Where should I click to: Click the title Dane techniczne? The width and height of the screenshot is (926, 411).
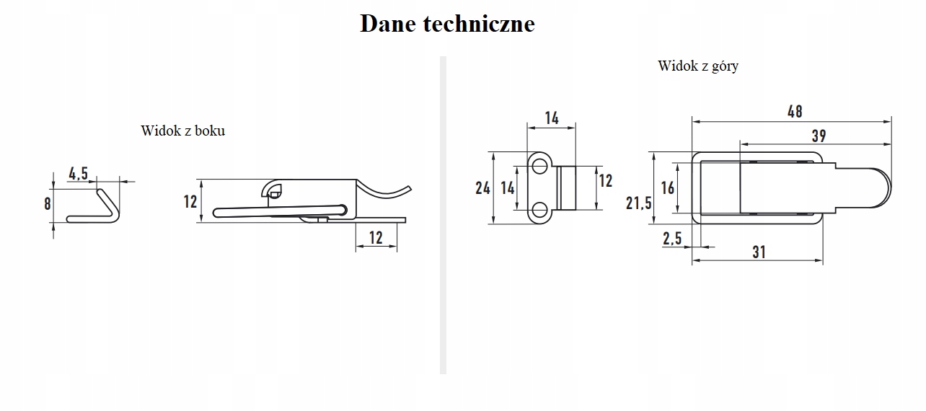point(447,23)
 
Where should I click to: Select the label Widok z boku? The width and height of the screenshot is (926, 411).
point(182,131)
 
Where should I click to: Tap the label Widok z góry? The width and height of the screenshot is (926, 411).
point(697,66)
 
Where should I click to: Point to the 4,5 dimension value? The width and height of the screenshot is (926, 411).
point(78,173)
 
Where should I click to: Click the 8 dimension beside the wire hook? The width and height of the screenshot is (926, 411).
point(48,203)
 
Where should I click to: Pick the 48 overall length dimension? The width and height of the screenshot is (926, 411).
point(794,111)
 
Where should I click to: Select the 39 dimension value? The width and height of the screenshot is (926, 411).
point(818,136)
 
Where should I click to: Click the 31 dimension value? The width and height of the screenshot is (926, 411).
point(759,252)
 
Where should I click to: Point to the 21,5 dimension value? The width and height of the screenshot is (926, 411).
point(638,203)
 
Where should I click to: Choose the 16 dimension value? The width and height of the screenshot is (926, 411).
point(667,187)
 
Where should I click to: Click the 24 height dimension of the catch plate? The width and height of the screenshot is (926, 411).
point(482,187)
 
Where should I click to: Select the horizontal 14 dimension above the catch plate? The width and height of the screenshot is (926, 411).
point(552,118)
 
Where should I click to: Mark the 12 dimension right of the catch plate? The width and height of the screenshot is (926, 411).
point(606,180)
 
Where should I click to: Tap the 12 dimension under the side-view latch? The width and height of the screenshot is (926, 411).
point(376,237)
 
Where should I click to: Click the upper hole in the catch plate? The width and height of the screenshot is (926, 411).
point(539,167)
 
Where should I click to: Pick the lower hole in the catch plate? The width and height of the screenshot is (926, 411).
point(539,210)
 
